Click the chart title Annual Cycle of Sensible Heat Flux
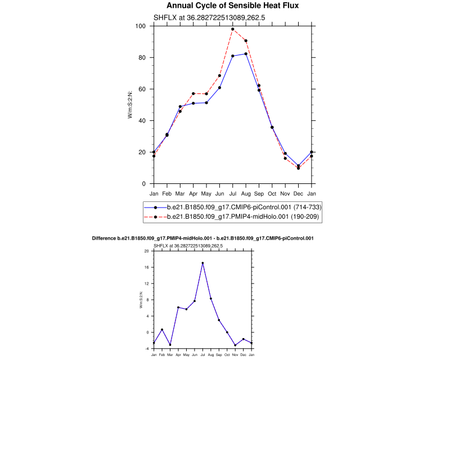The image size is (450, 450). point(232,6)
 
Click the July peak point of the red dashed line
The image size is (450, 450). point(233,29)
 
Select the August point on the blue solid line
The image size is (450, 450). point(246,54)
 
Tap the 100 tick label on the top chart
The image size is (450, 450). point(141,26)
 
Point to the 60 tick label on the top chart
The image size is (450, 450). point(142,89)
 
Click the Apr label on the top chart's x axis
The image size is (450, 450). point(193,194)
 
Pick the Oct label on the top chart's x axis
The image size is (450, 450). point(272,194)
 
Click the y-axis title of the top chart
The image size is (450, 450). point(130,105)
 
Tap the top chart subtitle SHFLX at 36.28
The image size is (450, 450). point(209,17)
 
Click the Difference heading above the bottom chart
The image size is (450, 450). point(202,238)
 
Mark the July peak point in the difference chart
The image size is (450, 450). point(202,263)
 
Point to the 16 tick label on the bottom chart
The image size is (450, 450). point(146,268)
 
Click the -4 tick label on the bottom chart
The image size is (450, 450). point(146,349)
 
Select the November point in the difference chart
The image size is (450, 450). point(235,345)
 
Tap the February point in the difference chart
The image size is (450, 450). point(162,330)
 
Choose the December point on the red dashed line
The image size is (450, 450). point(299,168)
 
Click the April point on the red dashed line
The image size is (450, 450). point(193,94)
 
